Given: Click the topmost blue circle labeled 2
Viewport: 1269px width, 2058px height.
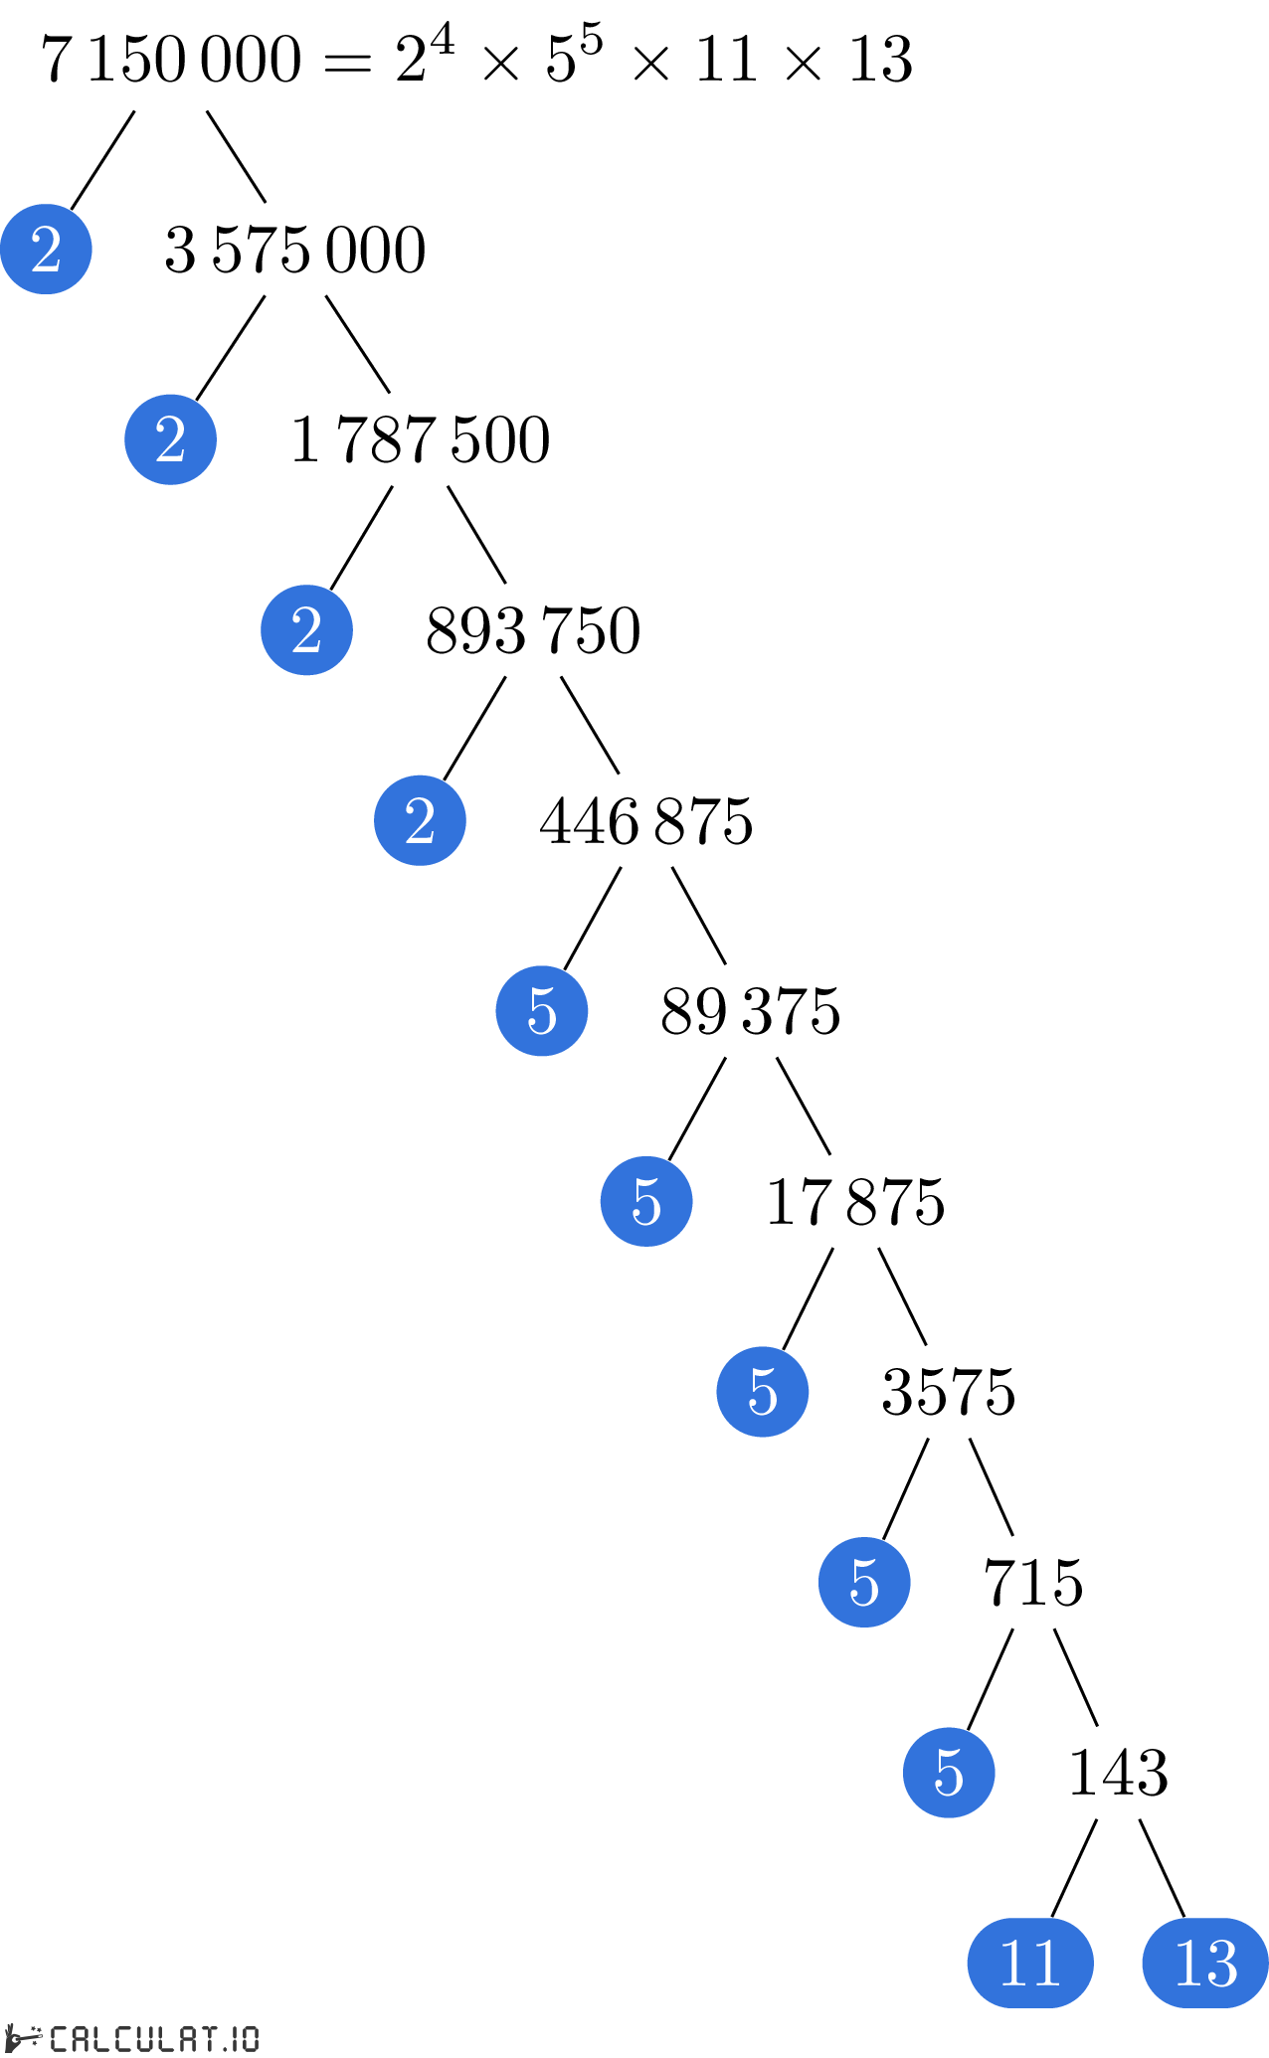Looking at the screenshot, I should (46, 249).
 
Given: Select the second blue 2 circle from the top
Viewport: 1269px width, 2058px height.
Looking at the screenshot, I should (170, 439).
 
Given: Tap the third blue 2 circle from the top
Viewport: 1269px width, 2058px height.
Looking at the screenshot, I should (306, 630).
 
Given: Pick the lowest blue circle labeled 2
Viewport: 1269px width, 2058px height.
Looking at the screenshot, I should (420, 820).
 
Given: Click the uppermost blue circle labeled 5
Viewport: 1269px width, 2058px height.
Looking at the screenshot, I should (542, 1011).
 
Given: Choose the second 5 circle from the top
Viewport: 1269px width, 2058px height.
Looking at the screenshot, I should (646, 1201).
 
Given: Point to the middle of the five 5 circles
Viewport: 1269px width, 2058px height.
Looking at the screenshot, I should (763, 1392).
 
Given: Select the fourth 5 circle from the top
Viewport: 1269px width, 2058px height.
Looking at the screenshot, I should (864, 1582).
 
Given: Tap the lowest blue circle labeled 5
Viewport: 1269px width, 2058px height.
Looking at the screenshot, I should (949, 1773).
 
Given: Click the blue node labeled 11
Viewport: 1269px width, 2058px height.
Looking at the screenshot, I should (1030, 1963).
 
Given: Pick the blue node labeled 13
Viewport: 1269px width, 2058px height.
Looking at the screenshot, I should (1205, 1963).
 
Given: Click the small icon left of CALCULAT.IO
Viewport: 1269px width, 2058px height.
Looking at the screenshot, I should (24, 2037).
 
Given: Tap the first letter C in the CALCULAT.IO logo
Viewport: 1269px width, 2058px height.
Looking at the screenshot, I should (60, 2038).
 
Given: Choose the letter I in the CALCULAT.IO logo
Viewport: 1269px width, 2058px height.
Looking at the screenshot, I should (235, 2038).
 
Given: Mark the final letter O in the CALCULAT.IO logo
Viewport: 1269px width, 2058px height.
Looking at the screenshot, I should (250, 2038).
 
